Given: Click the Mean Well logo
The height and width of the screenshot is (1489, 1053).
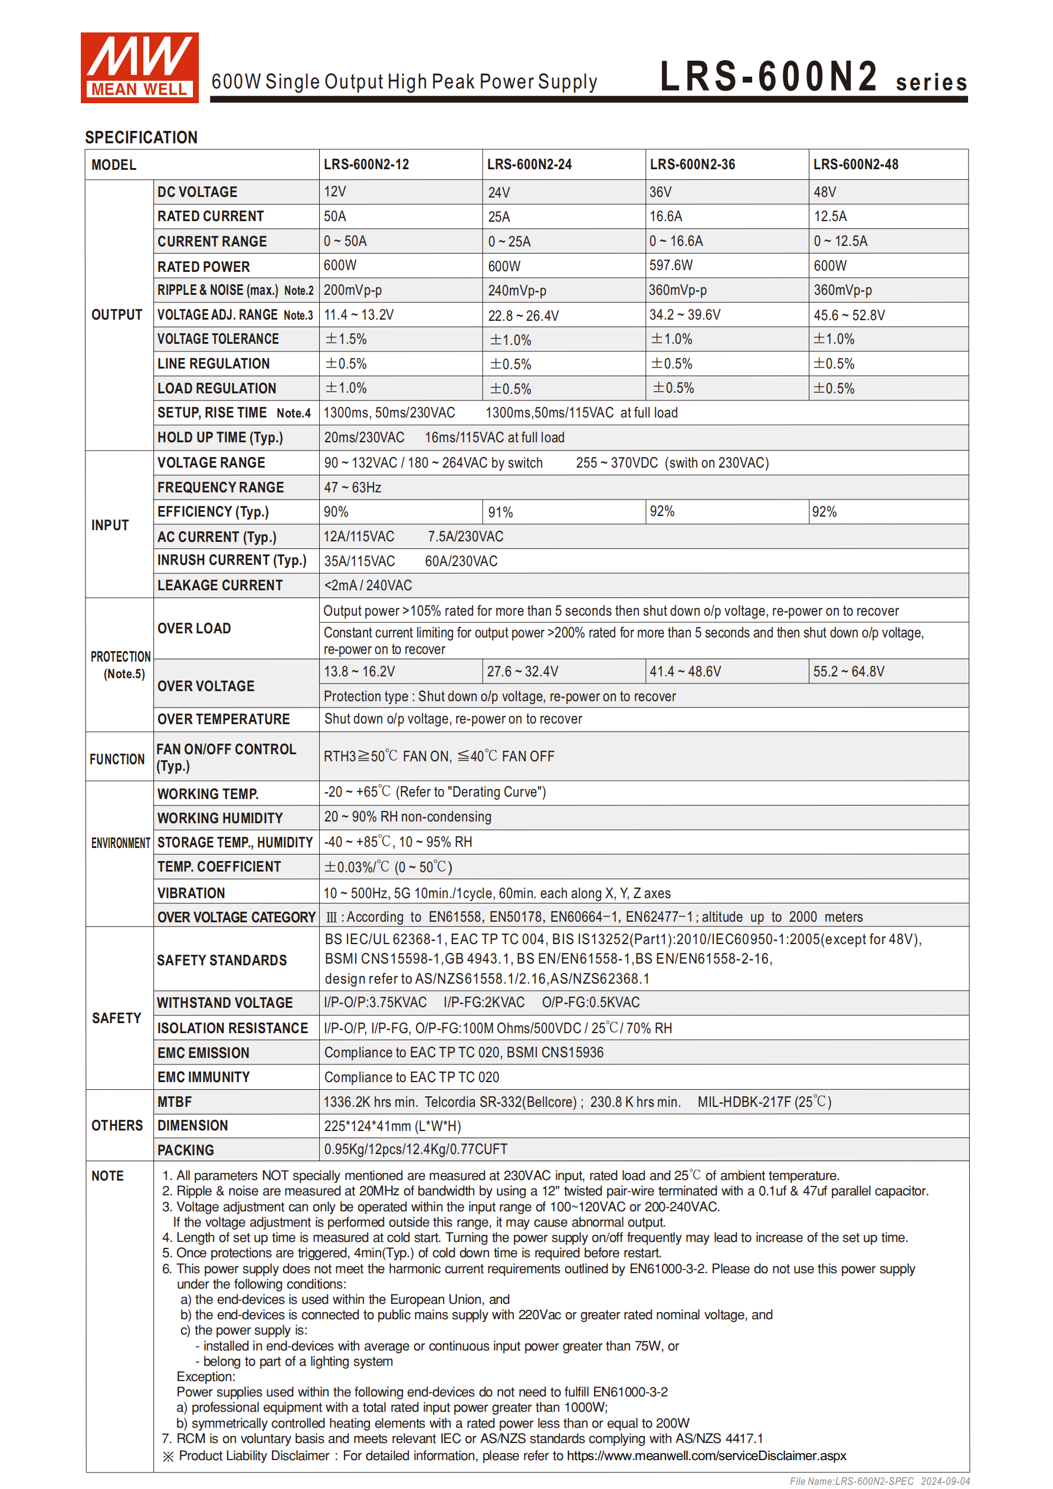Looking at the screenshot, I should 139,67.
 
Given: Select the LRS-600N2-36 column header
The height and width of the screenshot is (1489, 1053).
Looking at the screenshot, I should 693,165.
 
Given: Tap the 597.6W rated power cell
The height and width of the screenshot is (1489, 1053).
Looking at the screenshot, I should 671,265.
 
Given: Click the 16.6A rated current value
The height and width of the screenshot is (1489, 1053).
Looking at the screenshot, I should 665,216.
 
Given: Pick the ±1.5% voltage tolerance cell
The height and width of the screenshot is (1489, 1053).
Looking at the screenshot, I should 346,339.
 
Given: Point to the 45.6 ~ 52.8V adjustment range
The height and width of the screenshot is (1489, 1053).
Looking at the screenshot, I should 849,315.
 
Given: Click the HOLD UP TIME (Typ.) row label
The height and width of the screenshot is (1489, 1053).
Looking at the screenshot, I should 220,437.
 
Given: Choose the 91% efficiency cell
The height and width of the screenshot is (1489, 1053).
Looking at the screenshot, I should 500,512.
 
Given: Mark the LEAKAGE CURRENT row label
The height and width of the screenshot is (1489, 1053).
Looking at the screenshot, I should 220,585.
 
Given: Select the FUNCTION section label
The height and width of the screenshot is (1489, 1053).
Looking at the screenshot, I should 117,759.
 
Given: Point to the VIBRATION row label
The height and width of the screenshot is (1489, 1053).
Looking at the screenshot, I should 191,893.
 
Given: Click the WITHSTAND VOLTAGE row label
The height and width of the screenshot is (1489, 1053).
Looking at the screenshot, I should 225,1002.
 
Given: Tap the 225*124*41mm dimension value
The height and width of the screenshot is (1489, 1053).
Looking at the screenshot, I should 392,1126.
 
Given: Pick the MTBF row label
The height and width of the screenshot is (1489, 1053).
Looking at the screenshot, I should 175,1101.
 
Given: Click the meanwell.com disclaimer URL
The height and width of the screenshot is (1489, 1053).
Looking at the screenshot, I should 706,1455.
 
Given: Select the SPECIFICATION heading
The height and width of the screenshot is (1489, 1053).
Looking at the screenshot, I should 141,137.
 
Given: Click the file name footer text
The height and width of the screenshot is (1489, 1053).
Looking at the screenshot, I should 879,1481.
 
